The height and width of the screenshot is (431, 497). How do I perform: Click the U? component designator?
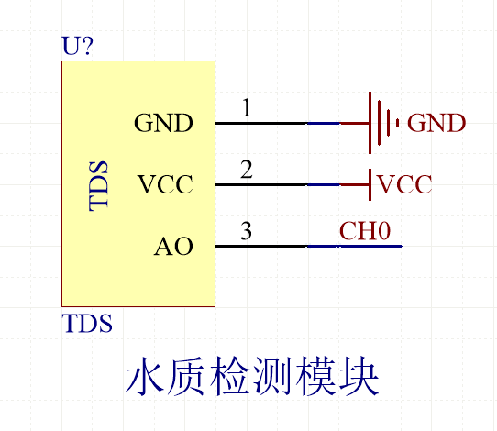(77, 48)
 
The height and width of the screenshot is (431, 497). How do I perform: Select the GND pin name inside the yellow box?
(163, 123)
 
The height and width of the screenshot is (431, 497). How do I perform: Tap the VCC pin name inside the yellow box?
(165, 185)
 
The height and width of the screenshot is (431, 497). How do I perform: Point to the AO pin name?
(173, 247)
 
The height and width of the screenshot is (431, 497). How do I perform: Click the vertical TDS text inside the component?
(99, 186)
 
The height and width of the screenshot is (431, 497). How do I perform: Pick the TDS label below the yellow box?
(86, 324)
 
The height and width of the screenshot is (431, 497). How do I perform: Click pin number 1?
(247, 108)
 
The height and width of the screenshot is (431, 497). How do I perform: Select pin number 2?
(247, 170)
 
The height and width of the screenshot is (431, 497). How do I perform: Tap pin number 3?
(247, 231)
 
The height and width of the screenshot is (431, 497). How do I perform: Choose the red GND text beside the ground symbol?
(436, 123)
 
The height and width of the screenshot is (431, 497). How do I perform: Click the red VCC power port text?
(404, 185)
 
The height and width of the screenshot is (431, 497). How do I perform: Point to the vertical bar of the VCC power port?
(370, 185)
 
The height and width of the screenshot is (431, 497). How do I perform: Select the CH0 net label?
(365, 231)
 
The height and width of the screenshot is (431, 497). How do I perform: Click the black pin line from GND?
(260, 123)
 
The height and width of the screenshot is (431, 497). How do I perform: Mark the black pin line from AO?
(260, 247)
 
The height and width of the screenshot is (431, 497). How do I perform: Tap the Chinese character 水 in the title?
(145, 378)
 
